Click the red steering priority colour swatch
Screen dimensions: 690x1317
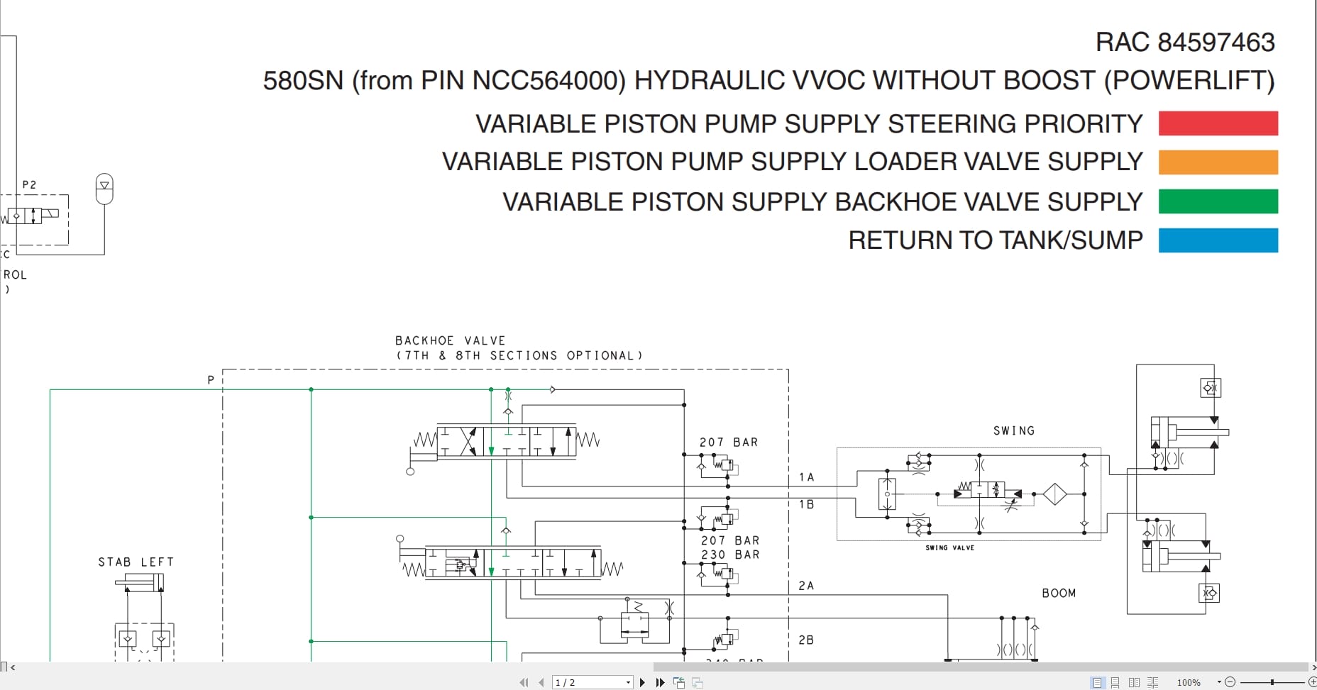click(x=1218, y=123)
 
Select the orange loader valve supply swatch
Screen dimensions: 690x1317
click(x=1218, y=162)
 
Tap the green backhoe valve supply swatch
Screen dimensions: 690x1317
click(x=1218, y=201)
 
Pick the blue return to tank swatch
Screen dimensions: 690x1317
click(x=1218, y=240)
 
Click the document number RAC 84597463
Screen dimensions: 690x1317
click(x=1185, y=43)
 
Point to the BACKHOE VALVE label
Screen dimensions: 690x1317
click(x=450, y=340)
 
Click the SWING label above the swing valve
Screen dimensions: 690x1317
click(x=1013, y=430)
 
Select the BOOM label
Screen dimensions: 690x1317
click(x=1059, y=593)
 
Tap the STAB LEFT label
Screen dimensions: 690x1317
click(x=136, y=562)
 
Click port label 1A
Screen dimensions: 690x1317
click(x=806, y=477)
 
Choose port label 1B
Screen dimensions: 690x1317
click(x=806, y=504)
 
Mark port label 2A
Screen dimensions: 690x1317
click(x=806, y=586)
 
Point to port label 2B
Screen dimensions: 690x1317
click(x=806, y=640)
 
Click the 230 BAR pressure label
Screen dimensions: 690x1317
click(x=730, y=555)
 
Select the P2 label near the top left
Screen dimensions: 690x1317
click(x=29, y=184)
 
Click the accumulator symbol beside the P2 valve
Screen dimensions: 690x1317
click(x=104, y=188)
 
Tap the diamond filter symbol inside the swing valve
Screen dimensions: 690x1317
click(x=1055, y=494)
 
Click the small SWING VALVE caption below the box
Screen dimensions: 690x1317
click(x=949, y=547)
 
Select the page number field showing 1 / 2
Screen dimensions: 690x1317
click(x=592, y=682)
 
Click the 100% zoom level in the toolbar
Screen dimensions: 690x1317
click(x=1189, y=682)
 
